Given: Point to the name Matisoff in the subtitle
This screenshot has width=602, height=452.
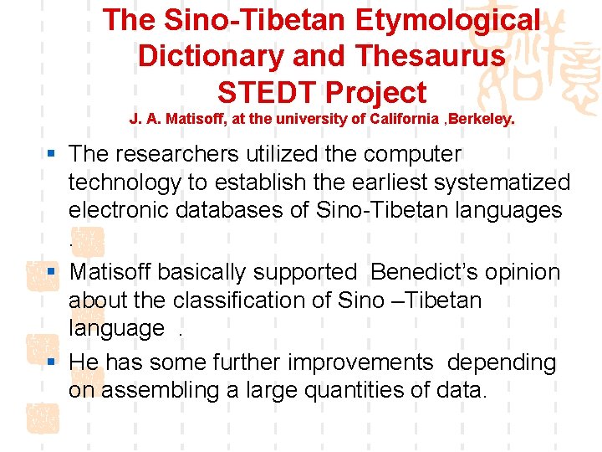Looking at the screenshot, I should point(201,119).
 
